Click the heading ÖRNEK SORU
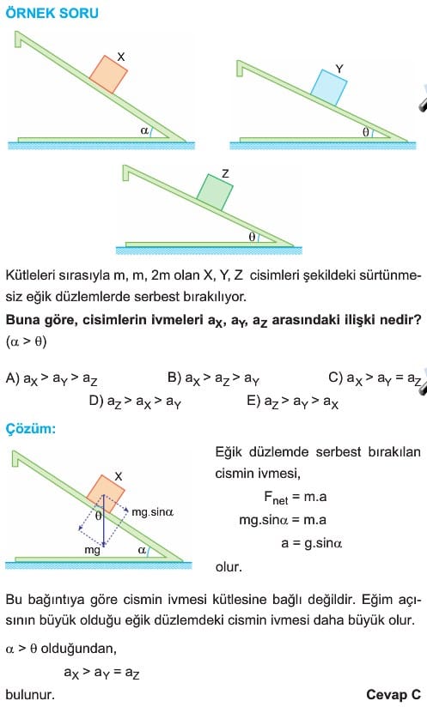click(52, 13)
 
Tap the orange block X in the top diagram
click(108, 75)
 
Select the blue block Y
click(328, 87)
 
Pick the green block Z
click(215, 192)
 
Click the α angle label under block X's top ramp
click(144, 130)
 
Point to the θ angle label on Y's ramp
click(366, 132)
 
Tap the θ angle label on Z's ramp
click(252, 236)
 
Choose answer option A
click(52, 378)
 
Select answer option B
click(213, 378)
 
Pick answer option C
click(375, 378)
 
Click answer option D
click(135, 402)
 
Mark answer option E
click(292, 402)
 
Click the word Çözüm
click(31, 428)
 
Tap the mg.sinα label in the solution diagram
click(153, 512)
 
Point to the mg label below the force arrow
click(92, 551)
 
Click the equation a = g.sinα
click(312, 543)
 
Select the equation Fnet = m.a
click(296, 498)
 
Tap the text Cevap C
click(393, 695)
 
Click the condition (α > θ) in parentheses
click(26, 341)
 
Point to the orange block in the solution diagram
click(106, 493)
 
